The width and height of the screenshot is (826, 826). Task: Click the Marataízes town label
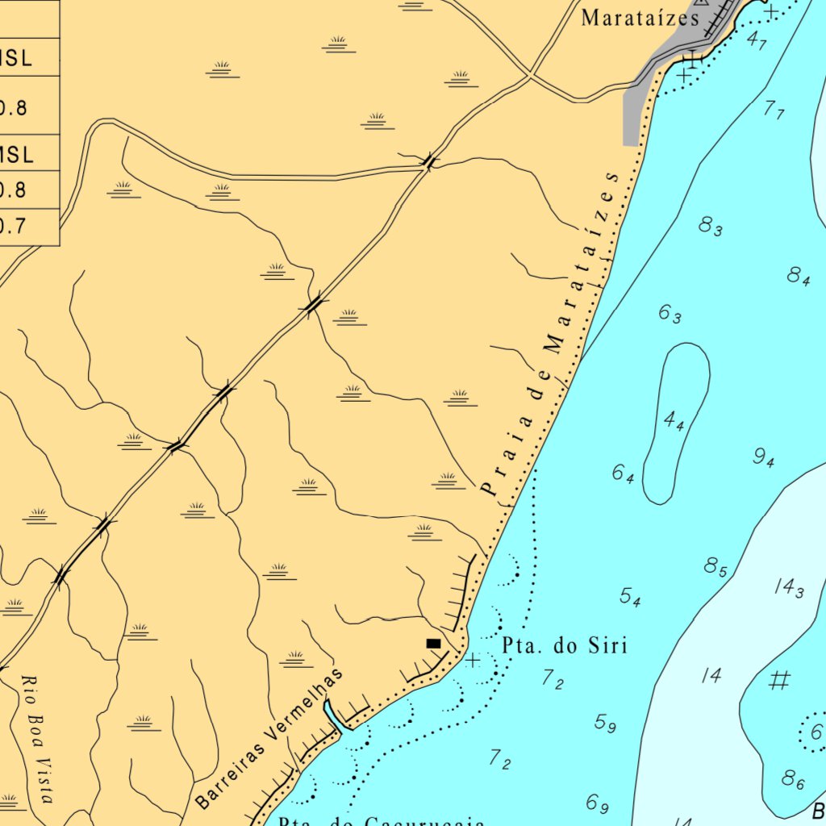[x=640, y=18]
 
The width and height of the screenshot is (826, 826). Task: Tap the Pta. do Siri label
[x=565, y=645]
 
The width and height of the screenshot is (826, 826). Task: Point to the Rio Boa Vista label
[x=37, y=740]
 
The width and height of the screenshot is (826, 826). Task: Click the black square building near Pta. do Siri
[x=433, y=643]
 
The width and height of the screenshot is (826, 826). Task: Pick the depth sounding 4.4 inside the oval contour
[x=674, y=420]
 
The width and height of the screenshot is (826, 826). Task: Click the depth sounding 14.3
[x=789, y=588]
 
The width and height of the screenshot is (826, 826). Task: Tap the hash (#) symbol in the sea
[x=778, y=681]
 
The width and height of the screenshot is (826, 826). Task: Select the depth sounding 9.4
[x=764, y=457]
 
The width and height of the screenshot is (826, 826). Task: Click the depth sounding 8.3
[x=711, y=227]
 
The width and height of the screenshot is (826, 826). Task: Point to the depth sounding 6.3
[x=670, y=313]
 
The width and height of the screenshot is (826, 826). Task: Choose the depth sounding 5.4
[x=630, y=597]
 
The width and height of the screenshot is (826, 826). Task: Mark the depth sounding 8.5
[x=715, y=567]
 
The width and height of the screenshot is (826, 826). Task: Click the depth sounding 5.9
[x=605, y=723]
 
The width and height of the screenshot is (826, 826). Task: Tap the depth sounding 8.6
[x=793, y=779]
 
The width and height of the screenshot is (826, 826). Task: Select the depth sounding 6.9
[x=597, y=803]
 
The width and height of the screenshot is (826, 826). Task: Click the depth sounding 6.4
[x=623, y=473]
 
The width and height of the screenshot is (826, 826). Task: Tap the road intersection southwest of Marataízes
[x=529, y=76]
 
